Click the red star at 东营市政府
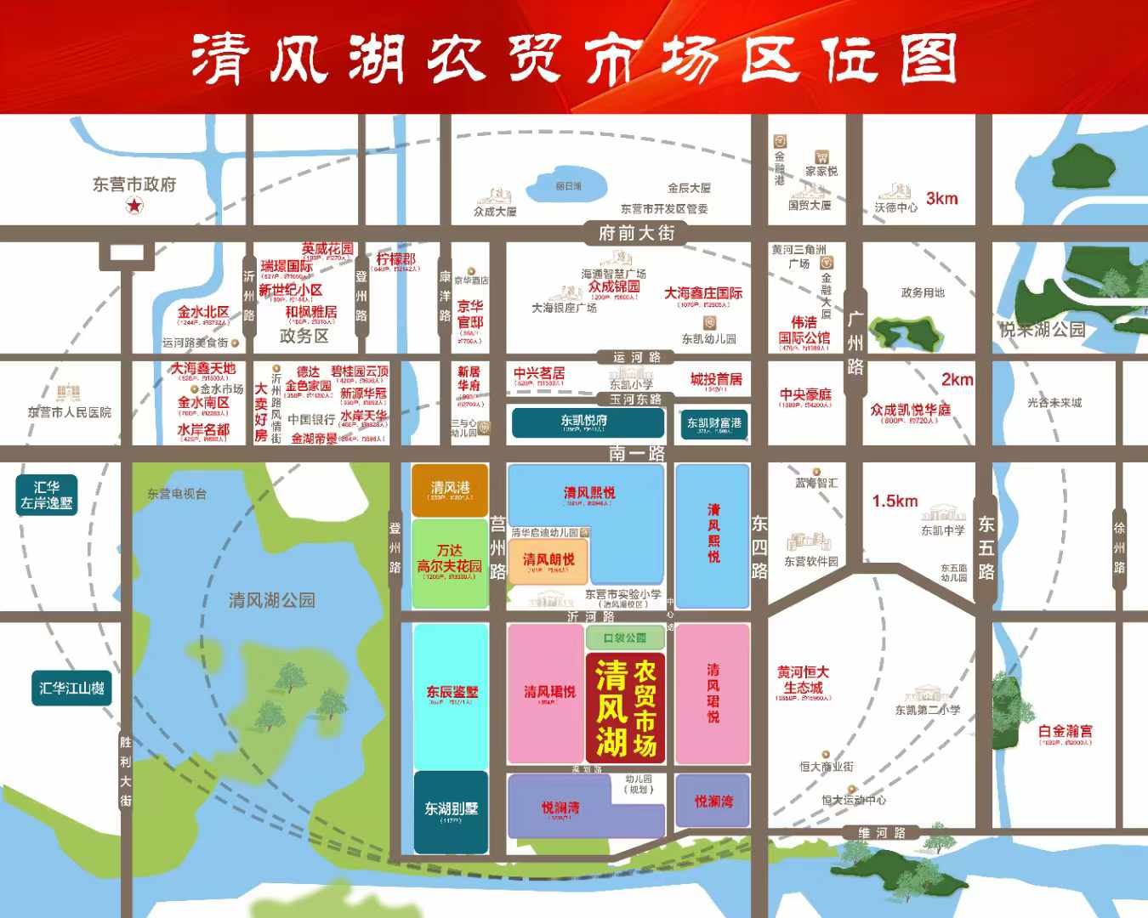(134, 205)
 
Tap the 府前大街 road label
(636, 232)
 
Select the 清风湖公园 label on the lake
(271, 600)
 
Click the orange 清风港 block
(450, 490)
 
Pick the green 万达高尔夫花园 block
(450, 564)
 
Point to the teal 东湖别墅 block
(451, 811)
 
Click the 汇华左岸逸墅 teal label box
(47, 495)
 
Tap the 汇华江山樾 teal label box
(71, 688)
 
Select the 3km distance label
(941, 198)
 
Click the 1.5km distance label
(895, 501)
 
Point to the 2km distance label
(957, 379)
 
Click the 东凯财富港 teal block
(713, 423)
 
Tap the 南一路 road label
(636, 453)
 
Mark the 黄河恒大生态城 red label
(803, 680)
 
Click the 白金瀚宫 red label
(1065, 731)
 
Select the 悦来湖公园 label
(1042, 329)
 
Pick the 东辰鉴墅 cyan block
(452, 694)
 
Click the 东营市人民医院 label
(69, 412)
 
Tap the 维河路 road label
(882, 833)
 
